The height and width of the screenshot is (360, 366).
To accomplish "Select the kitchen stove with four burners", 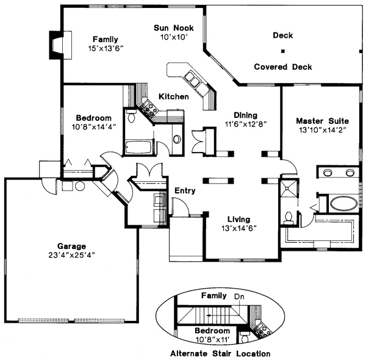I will [148, 107].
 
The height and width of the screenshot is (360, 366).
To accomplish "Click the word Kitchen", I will [173, 96].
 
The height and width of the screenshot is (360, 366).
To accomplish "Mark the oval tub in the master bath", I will [336, 203].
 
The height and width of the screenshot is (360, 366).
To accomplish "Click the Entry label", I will [185, 191].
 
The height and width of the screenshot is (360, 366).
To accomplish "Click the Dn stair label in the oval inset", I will [239, 296].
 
